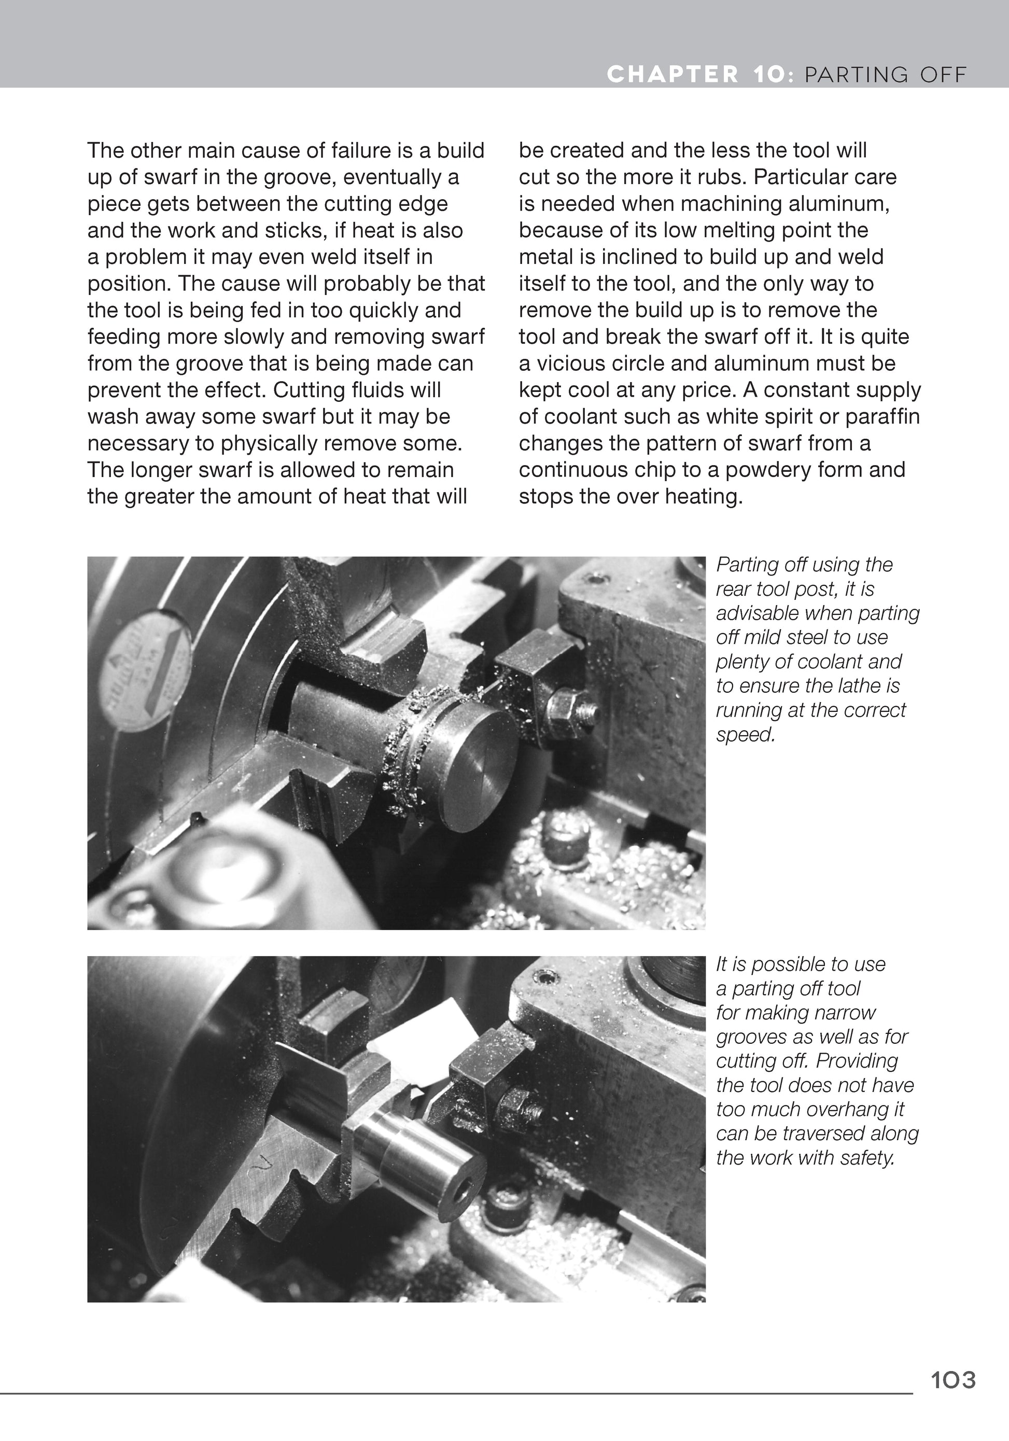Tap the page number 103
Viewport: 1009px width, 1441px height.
[x=953, y=1380]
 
